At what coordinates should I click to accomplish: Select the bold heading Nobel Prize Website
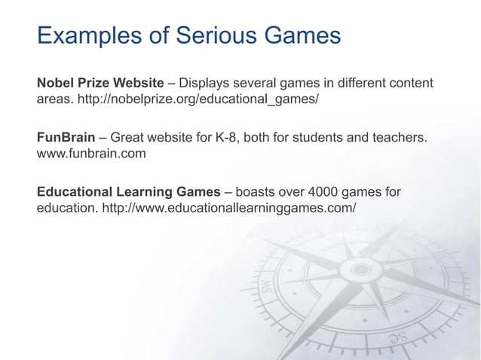[100, 81]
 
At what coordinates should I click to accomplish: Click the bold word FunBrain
[66, 138]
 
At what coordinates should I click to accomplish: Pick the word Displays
[206, 81]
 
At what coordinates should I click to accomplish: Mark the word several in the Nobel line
[257, 81]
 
